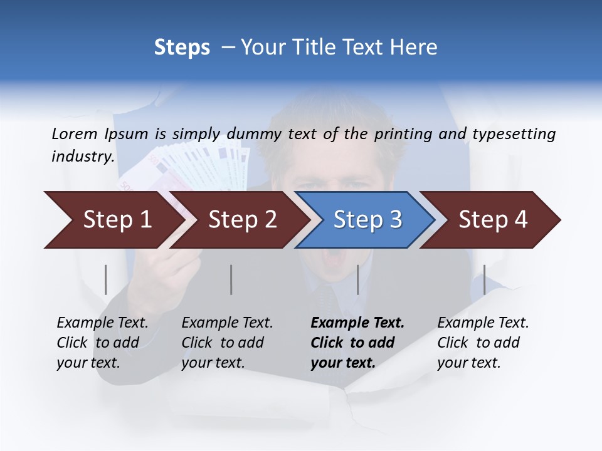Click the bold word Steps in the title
pos(182,48)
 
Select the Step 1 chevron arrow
pos(113,220)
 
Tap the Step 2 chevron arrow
pos(238,220)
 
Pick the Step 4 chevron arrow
pos(489,220)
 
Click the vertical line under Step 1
pos(106,279)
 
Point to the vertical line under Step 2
pos(231,279)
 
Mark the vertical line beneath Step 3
pos(357,279)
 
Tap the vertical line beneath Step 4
pos(484,279)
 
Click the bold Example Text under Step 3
pos(357,343)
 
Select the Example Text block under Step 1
pos(102,343)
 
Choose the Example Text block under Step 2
pos(227,343)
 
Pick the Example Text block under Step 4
pos(483,343)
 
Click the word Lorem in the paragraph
pos(75,134)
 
